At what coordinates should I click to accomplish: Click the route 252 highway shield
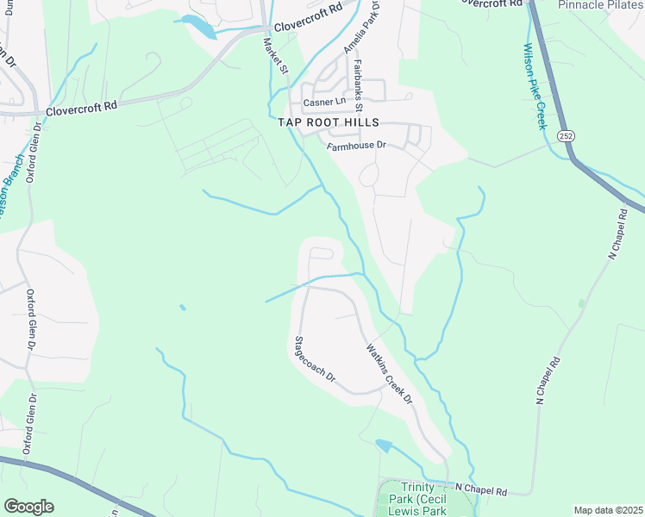tap(566, 136)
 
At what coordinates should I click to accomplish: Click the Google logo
tap(28, 507)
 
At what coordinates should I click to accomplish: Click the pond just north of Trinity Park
tap(384, 445)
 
